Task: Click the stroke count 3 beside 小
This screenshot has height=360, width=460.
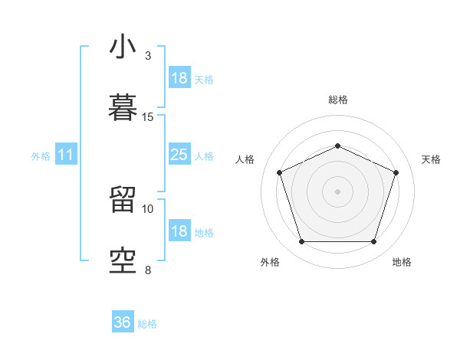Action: point(148,56)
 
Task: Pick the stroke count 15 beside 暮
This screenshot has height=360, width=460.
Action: point(148,117)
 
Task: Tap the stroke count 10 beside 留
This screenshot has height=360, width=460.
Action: point(148,208)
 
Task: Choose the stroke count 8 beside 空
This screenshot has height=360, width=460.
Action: point(148,270)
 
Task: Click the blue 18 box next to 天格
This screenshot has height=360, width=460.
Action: point(179,78)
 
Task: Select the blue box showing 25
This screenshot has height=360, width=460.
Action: point(179,155)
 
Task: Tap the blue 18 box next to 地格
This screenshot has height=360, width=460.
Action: point(179,231)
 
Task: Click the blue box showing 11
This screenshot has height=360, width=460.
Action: point(66,155)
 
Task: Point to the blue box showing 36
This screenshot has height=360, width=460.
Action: point(123,322)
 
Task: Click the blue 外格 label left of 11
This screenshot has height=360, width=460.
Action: point(41,156)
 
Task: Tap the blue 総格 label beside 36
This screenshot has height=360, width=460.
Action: point(147,324)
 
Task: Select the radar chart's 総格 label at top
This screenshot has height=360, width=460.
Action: point(337,100)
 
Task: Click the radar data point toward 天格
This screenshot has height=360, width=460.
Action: point(396,172)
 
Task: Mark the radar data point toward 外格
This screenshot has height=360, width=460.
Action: point(301,242)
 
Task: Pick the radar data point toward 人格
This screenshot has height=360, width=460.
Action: point(279,172)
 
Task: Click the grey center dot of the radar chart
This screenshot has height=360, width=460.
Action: point(337,191)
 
